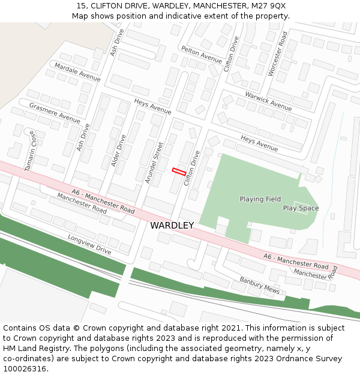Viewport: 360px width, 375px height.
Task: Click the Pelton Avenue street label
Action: (x=201, y=54)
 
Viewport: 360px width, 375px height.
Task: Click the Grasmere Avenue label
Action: (x=54, y=112)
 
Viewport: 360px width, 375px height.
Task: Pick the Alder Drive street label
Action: (x=118, y=150)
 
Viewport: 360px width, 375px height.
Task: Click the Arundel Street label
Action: (x=154, y=162)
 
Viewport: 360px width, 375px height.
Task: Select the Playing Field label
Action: (x=260, y=199)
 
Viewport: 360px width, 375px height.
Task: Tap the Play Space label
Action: (x=301, y=208)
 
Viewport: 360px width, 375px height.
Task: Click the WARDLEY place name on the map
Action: (x=172, y=226)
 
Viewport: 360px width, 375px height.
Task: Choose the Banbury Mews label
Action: (x=260, y=284)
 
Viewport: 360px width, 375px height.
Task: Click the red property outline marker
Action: (x=178, y=171)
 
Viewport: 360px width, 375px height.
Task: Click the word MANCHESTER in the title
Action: (x=218, y=5)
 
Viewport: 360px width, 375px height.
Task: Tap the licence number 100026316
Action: (x=26, y=368)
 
